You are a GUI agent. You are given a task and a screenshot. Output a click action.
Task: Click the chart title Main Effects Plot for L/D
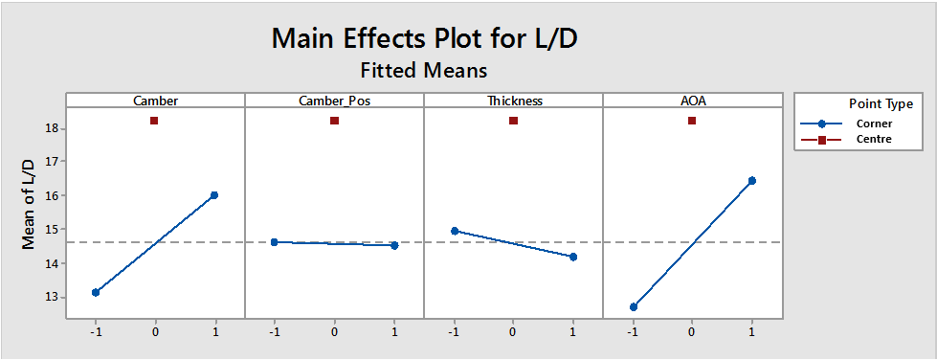(424, 38)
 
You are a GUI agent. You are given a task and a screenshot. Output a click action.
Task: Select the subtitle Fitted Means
(424, 70)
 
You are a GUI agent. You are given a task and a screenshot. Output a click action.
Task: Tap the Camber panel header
(155, 101)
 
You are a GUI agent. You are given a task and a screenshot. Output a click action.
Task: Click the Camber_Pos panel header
(334, 101)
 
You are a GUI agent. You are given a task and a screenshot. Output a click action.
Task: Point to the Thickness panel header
(513, 101)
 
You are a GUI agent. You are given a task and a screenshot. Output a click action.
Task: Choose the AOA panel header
(692, 101)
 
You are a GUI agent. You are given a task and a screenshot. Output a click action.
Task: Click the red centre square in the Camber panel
(154, 121)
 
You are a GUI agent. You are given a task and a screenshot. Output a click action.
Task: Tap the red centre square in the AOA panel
(692, 121)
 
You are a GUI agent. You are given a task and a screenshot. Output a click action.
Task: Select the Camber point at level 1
(214, 194)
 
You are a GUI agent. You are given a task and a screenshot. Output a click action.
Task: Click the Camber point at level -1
(95, 292)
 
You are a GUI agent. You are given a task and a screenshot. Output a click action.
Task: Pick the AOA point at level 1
(752, 180)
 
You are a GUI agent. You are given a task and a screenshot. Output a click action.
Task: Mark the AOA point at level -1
(633, 306)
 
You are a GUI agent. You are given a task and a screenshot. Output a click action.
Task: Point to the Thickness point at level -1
(454, 231)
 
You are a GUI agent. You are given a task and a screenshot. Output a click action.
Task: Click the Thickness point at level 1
(573, 257)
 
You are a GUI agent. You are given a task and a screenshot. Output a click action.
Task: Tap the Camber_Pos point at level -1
(274, 242)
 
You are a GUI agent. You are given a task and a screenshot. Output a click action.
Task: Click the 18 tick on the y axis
(53, 128)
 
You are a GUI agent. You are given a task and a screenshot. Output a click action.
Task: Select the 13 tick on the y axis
(53, 297)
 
